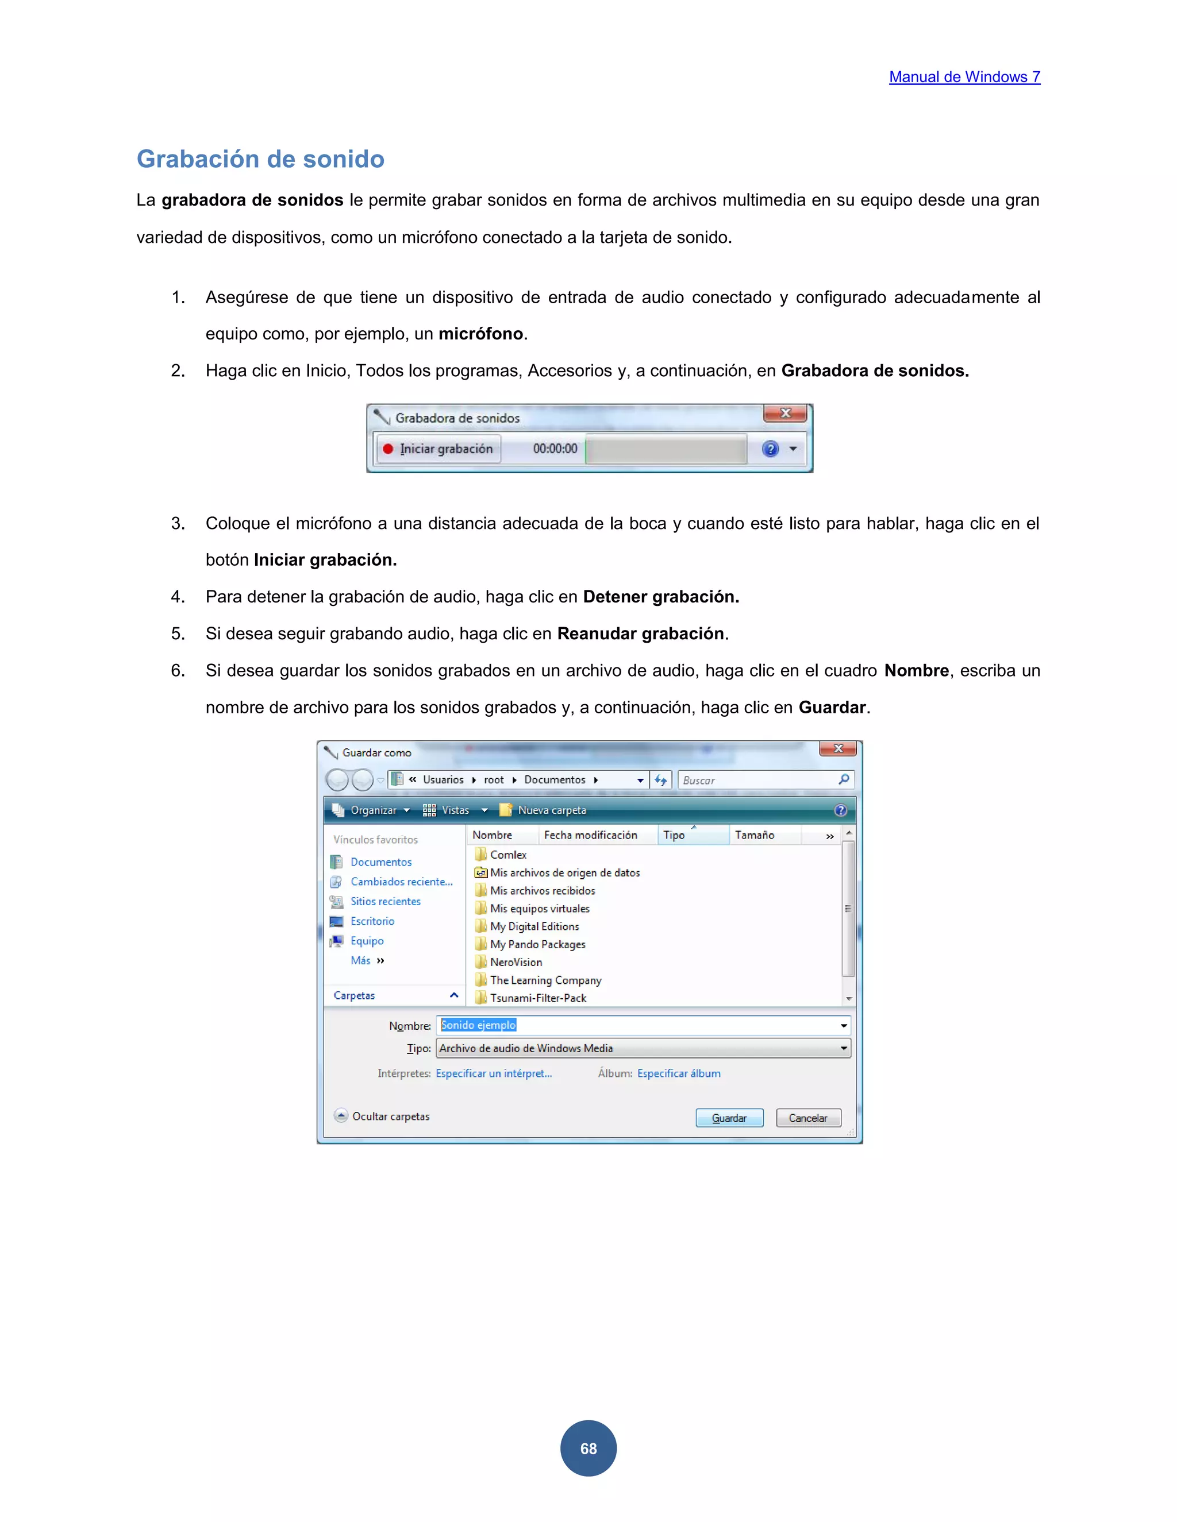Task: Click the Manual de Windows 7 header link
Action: pyautogui.click(x=964, y=78)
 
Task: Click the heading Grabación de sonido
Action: pyautogui.click(x=260, y=159)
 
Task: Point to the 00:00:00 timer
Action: pyautogui.click(x=555, y=449)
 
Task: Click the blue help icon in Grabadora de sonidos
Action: pyautogui.click(x=770, y=449)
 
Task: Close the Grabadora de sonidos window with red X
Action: pyautogui.click(x=785, y=414)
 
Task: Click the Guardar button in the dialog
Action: pyautogui.click(x=729, y=1118)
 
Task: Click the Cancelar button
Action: pyautogui.click(x=808, y=1118)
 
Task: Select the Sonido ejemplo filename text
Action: pyautogui.click(x=478, y=1025)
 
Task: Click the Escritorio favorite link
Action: pyautogui.click(x=372, y=921)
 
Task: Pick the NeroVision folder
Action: pyautogui.click(x=516, y=963)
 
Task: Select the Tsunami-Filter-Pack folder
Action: pyautogui.click(x=537, y=998)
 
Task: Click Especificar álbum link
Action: pyautogui.click(x=679, y=1073)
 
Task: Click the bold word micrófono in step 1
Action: pyautogui.click(x=480, y=334)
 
